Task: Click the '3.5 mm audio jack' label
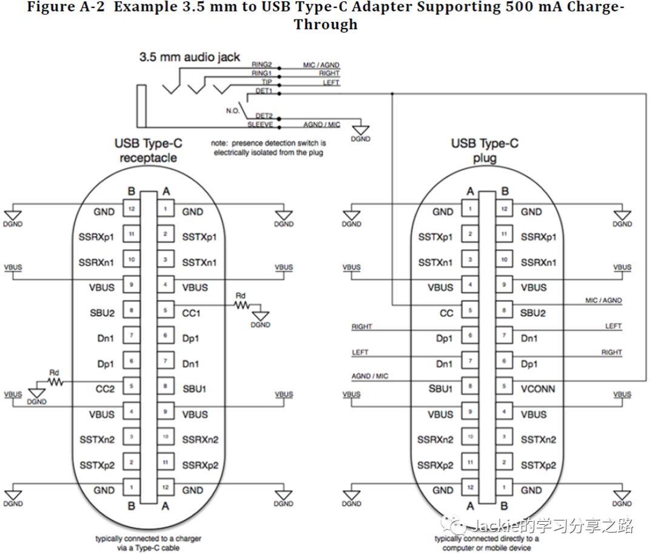(189, 58)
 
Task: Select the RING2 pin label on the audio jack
(262, 65)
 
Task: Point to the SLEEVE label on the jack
(260, 124)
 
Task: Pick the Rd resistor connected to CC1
(242, 304)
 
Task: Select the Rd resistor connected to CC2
(55, 381)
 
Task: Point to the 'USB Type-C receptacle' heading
(148, 151)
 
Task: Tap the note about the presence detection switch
(268, 148)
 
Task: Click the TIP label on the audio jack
(266, 82)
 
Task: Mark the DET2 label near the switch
(264, 115)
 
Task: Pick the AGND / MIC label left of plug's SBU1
(370, 376)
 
